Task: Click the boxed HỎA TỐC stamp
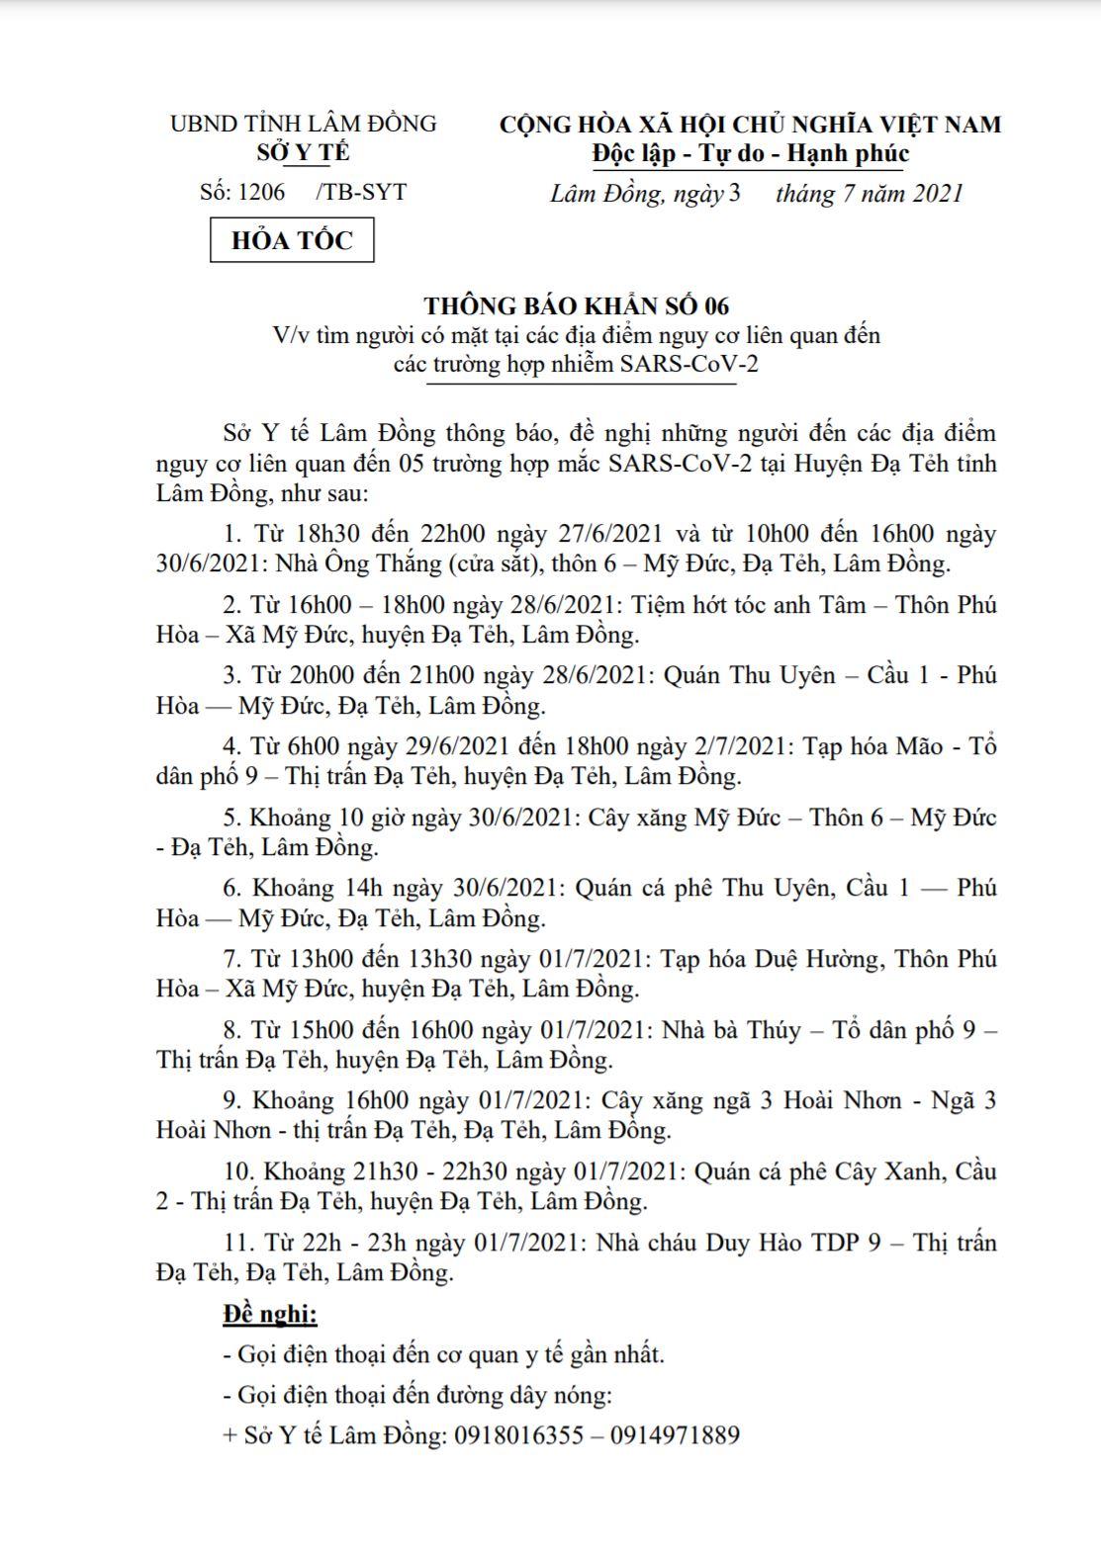point(292,240)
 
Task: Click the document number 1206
point(261,192)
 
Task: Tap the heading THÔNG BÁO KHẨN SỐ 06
point(577,305)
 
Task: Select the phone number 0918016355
point(518,1435)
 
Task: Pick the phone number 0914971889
point(675,1435)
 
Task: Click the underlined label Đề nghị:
point(270,1314)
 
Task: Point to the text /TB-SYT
point(361,192)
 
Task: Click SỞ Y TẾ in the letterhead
point(303,153)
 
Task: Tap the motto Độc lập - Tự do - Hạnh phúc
point(750,153)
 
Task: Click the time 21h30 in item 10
point(383,1171)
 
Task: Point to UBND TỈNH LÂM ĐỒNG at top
point(304,124)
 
